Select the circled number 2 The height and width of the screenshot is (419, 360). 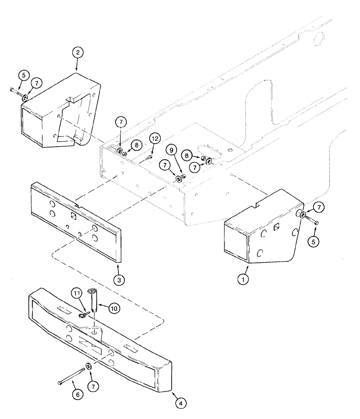coord(77,53)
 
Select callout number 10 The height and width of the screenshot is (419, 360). coord(113,308)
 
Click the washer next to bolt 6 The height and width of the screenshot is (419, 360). coord(89,366)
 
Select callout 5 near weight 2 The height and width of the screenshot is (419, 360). coord(23,76)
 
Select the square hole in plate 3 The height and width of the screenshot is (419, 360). coord(74,216)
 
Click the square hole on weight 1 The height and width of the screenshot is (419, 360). coord(277,227)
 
